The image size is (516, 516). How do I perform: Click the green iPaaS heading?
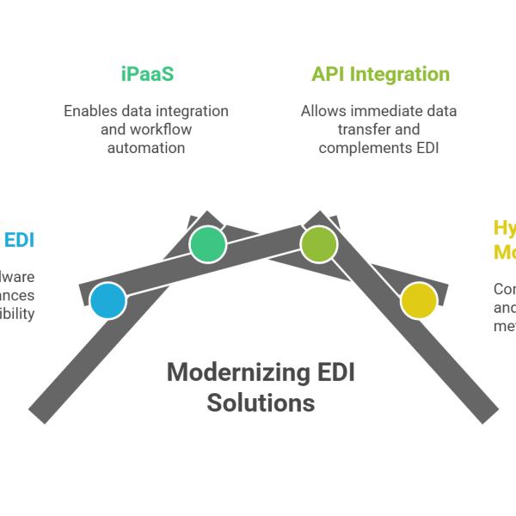tap(147, 74)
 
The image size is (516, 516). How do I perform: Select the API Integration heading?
tap(380, 74)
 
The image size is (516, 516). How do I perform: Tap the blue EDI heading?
tap(19, 239)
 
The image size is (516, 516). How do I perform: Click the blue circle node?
tap(108, 301)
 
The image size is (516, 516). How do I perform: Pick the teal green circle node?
tap(207, 244)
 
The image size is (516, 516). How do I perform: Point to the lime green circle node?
tap(318, 244)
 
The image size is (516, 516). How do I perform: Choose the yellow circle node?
tap(419, 301)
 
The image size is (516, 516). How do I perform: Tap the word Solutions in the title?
tap(261, 402)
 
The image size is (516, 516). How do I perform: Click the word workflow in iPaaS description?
tap(161, 130)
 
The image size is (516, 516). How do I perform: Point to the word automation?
tap(146, 148)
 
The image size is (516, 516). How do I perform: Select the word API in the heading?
tap(325, 74)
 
